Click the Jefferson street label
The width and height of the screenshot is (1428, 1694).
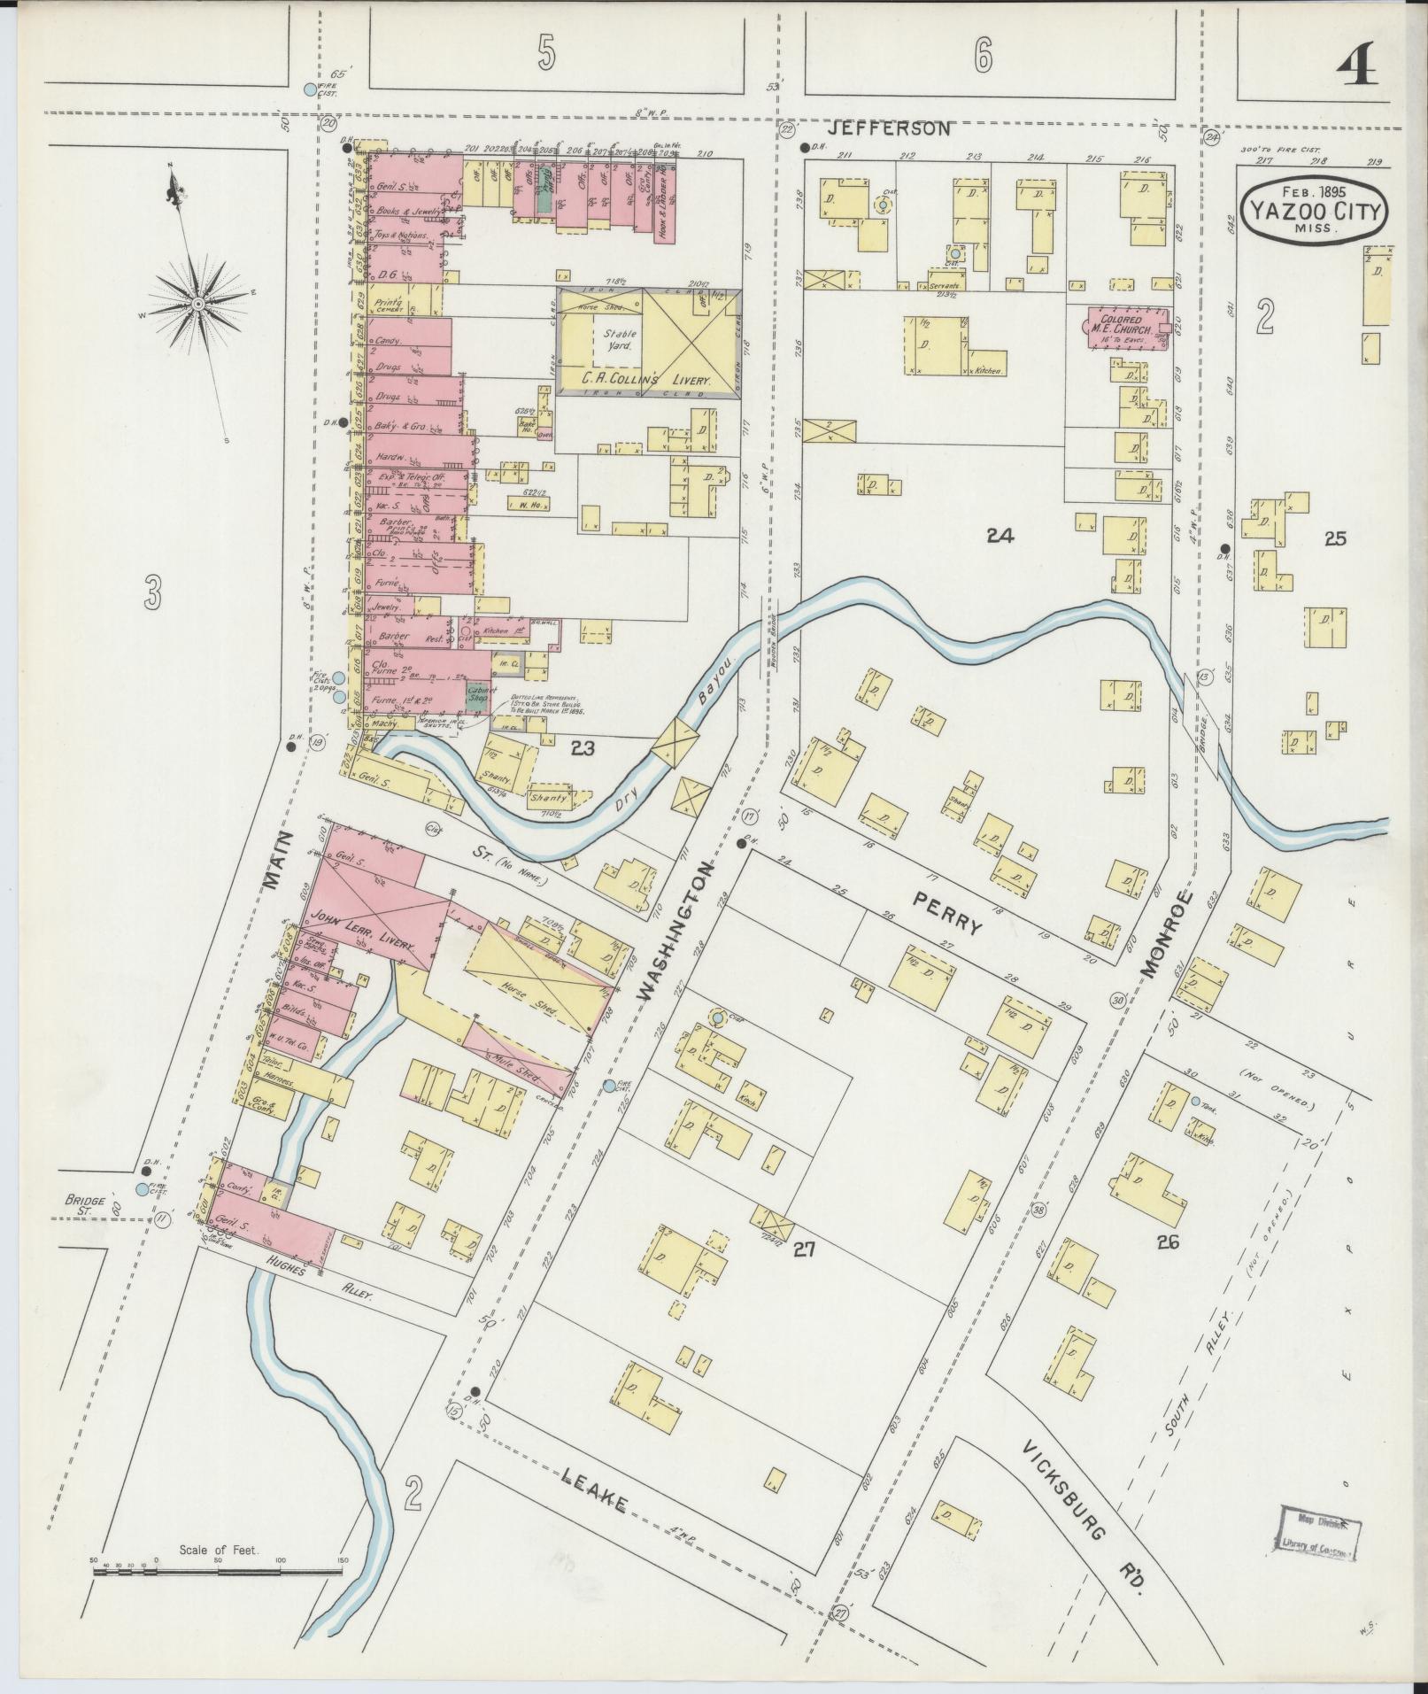click(893, 128)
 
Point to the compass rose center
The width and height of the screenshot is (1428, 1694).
click(199, 304)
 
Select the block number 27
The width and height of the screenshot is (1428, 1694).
click(802, 1249)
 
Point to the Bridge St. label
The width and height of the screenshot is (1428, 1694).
click(85, 1206)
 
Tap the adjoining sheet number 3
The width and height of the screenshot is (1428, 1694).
click(154, 592)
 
